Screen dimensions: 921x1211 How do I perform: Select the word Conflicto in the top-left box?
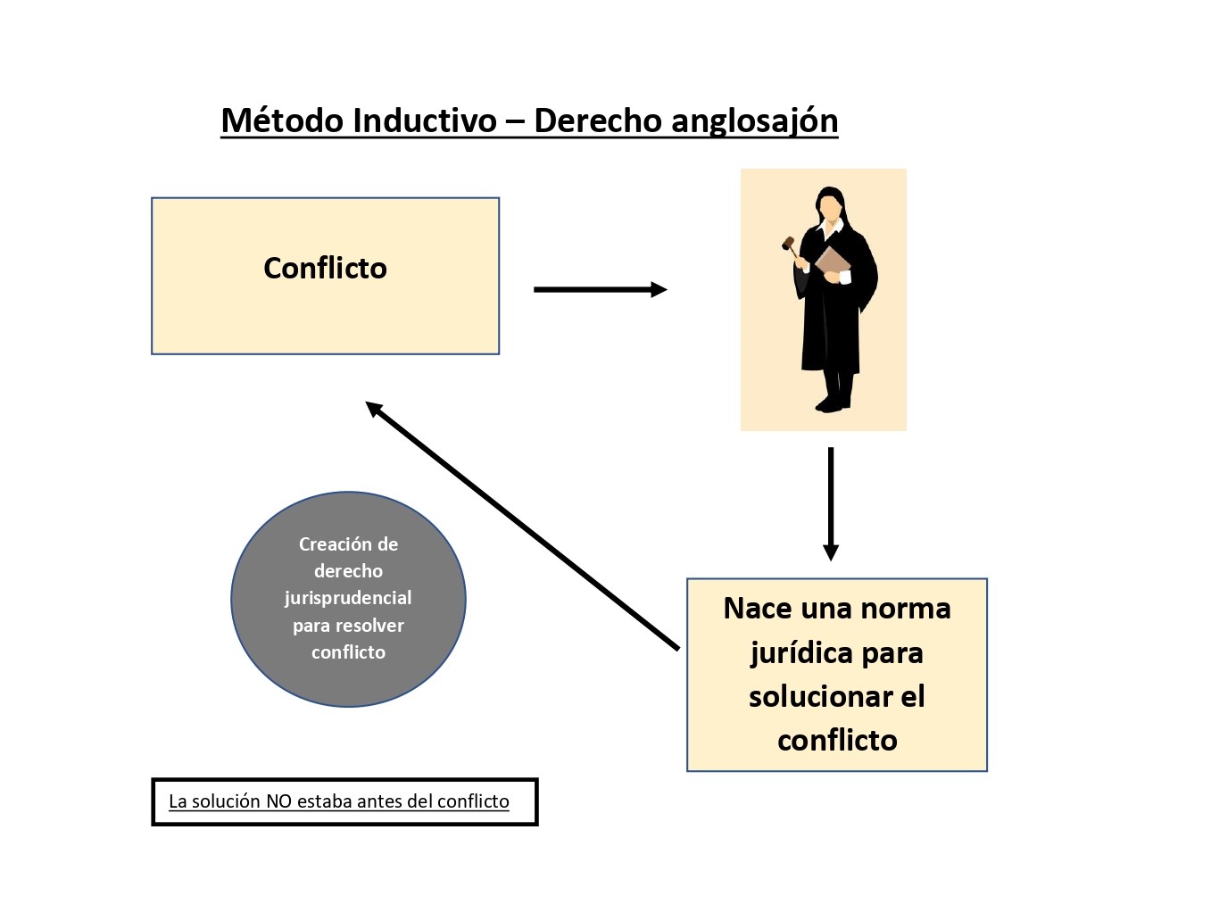click(x=325, y=268)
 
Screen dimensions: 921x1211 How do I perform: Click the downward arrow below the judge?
click(x=831, y=503)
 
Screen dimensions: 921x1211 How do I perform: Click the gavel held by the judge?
click(x=789, y=243)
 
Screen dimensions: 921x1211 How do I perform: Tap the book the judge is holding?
click(x=833, y=261)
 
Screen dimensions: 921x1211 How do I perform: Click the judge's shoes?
click(x=833, y=403)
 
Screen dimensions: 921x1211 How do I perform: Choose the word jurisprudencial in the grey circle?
click(x=348, y=598)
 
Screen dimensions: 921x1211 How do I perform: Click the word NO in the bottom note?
click(x=278, y=801)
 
